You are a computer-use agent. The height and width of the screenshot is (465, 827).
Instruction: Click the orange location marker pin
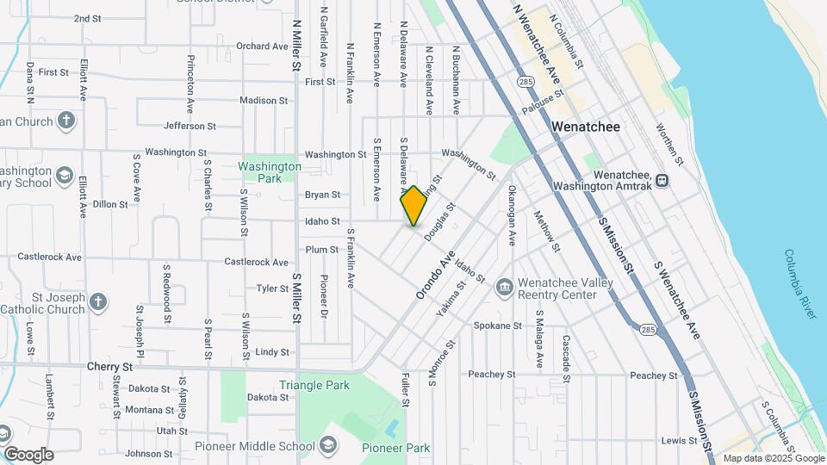(413, 206)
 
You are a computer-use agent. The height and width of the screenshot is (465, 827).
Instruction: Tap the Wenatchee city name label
(586, 127)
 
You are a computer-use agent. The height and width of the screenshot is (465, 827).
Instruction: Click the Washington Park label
(270, 172)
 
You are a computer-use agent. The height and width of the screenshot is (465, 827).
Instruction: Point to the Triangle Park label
(314, 385)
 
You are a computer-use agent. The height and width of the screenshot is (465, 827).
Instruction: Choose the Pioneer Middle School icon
(327, 445)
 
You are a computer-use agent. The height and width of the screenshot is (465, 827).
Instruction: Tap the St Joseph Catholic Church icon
(100, 301)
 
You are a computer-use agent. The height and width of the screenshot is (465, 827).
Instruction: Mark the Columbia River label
(800, 285)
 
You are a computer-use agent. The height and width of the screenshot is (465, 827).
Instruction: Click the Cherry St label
(109, 366)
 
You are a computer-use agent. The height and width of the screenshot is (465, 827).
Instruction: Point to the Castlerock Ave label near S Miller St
(256, 262)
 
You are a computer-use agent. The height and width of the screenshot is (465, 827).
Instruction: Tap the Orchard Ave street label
(262, 46)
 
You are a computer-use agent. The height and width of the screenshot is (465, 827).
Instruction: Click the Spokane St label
(498, 326)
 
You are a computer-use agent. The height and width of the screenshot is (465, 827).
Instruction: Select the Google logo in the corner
(28, 454)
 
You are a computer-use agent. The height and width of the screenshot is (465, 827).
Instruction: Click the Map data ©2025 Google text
(773, 458)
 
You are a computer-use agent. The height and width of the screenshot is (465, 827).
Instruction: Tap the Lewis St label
(680, 441)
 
